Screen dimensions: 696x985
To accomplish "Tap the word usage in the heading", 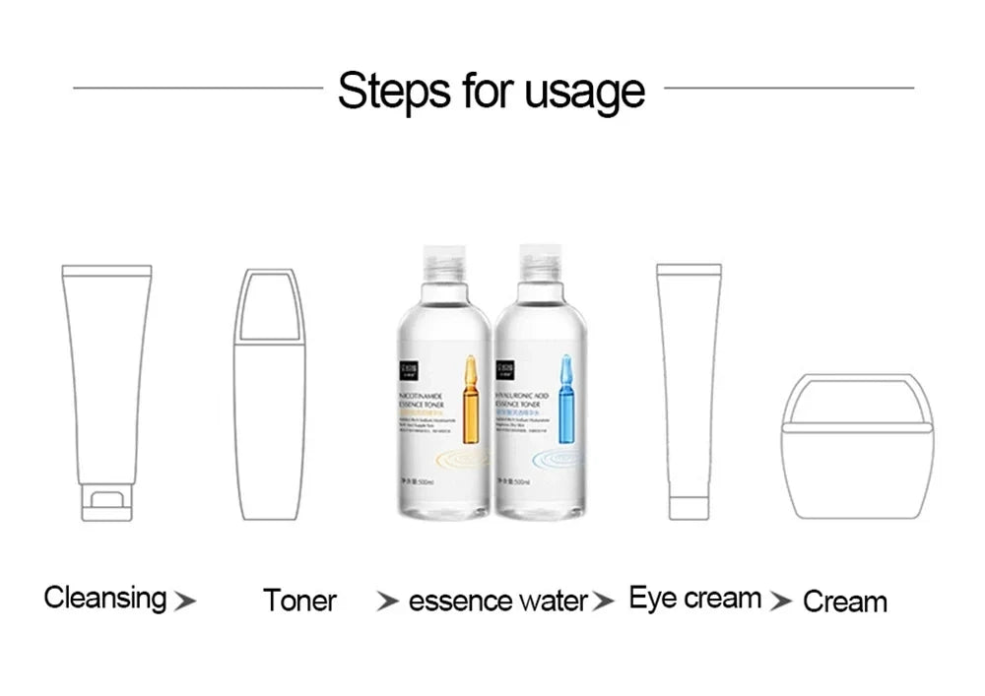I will (x=584, y=92).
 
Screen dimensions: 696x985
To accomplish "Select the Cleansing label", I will (x=105, y=598).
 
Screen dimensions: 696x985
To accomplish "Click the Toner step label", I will (x=299, y=601).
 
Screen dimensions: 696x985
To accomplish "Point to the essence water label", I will (x=497, y=601).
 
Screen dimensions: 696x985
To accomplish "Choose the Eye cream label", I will (x=694, y=598).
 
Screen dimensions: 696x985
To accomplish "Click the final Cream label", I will (x=844, y=601).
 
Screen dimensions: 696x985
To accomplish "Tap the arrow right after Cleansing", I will (x=184, y=601).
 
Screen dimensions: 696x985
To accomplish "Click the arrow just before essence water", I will (x=389, y=601).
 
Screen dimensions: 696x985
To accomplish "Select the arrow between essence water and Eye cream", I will (x=606, y=601).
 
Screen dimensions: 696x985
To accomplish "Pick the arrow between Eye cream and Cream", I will (x=781, y=601).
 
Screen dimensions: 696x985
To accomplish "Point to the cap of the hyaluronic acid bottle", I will (x=541, y=262).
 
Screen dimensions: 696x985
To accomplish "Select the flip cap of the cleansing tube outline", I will (x=105, y=502).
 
